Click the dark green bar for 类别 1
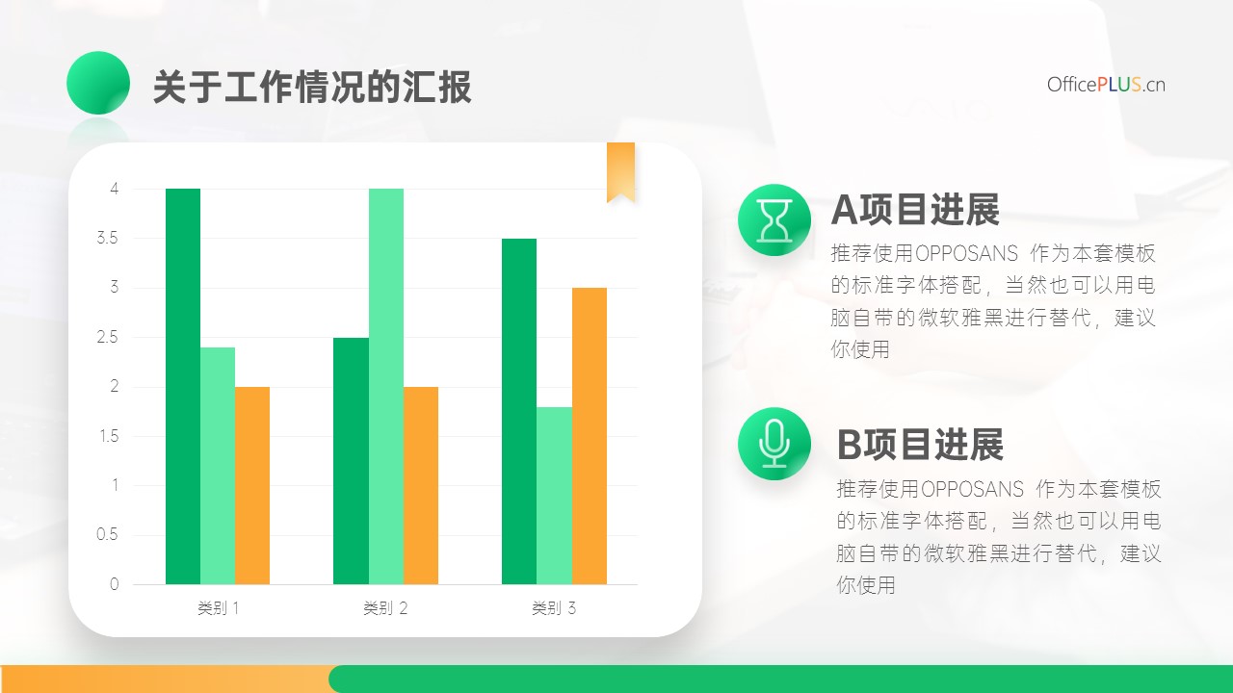tap(183, 386)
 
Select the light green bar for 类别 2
tap(386, 386)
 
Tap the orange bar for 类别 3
tap(590, 436)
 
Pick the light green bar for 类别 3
tap(554, 496)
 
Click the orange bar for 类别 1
tap(252, 486)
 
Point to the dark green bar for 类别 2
tap(352, 461)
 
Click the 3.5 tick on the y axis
tap(107, 238)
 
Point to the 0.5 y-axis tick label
tap(107, 534)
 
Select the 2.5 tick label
tap(107, 337)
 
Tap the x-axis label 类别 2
tap(385, 608)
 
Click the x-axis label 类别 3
tap(554, 608)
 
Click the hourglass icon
tap(774, 220)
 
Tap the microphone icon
tap(774, 444)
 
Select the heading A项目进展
tap(915, 210)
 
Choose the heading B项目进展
tap(920, 445)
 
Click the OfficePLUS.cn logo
tap(1106, 85)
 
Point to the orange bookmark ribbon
tap(621, 172)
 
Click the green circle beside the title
tap(98, 83)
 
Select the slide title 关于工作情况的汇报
tap(312, 87)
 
